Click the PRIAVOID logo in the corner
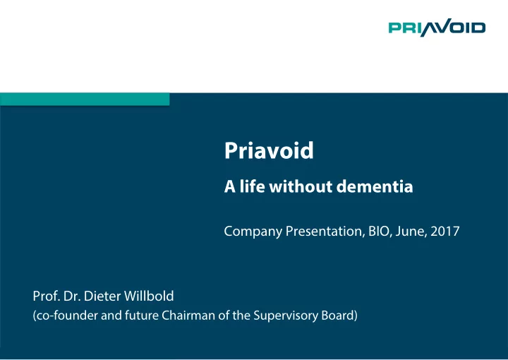pyautogui.click(x=437, y=28)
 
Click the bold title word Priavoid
pyautogui.click(x=269, y=150)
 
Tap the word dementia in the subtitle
pyautogui.click(x=375, y=186)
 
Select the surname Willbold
pyautogui.click(x=149, y=296)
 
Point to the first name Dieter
pyautogui.click(x=102, y=296)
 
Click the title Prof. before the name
pyautogui.click(x=47, y=296)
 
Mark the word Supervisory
pyautogui.click(x=286, y=316)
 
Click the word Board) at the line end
pyautogui.click(x=339, y=316)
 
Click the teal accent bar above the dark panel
pyautogui.click(x=85, y=99)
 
